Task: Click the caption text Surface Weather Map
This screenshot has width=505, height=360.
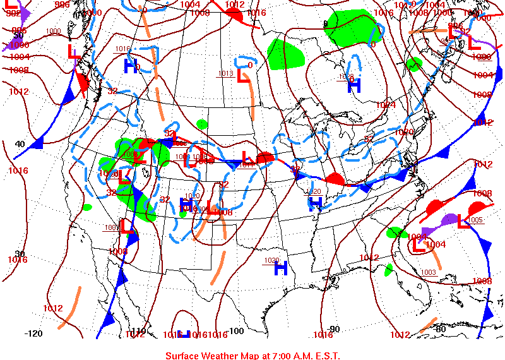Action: pyautogui.click(x=252, y=355)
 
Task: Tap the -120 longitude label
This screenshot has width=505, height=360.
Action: pyautogui.click(x=33, y=333)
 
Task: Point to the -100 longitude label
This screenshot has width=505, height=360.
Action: pyautogui.click(x=235, y=331)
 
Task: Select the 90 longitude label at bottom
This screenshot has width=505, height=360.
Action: pyautogui.click(x=335, y=329)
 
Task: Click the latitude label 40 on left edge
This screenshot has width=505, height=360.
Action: pyautogui.click(x=20, y=144)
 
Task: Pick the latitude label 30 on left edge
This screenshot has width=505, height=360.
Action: pyautogui.click(x=20, y=254)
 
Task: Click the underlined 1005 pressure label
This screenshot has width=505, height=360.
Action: pyautogui.click(x=475, y=220)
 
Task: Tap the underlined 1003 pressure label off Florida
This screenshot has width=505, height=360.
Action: pyautogui.click(x=427, y=272)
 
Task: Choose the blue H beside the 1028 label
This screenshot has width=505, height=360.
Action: pyautogui.click(x=354, y=86)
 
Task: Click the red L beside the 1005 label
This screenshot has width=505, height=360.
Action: pyautogui.click(x=464, y=221)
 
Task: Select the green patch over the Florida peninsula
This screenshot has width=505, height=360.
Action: pyautogui.click(x=388, y=269)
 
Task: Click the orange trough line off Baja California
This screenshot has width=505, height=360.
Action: pyautogui.click(x=69, y=308)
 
